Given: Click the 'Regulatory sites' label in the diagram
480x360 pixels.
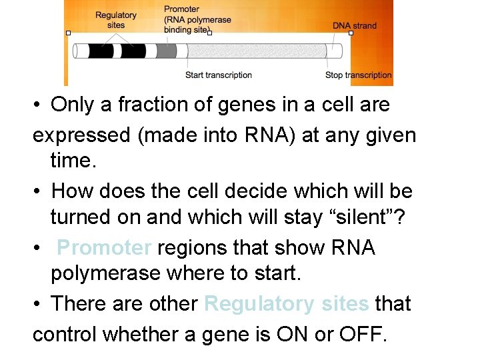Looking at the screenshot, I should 116,20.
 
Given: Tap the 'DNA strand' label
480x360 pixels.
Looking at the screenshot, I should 355,26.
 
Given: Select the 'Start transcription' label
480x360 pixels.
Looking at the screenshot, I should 219,75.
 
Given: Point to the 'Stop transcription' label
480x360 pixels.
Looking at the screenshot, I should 359,75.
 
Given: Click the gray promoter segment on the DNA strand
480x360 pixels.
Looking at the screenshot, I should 167,51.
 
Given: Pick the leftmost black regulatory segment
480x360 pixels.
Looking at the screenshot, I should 100,51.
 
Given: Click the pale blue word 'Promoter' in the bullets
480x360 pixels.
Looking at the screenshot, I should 105,247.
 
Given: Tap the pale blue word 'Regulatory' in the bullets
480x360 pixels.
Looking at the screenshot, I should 258,303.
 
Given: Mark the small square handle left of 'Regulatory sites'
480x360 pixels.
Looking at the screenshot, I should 68,33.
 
